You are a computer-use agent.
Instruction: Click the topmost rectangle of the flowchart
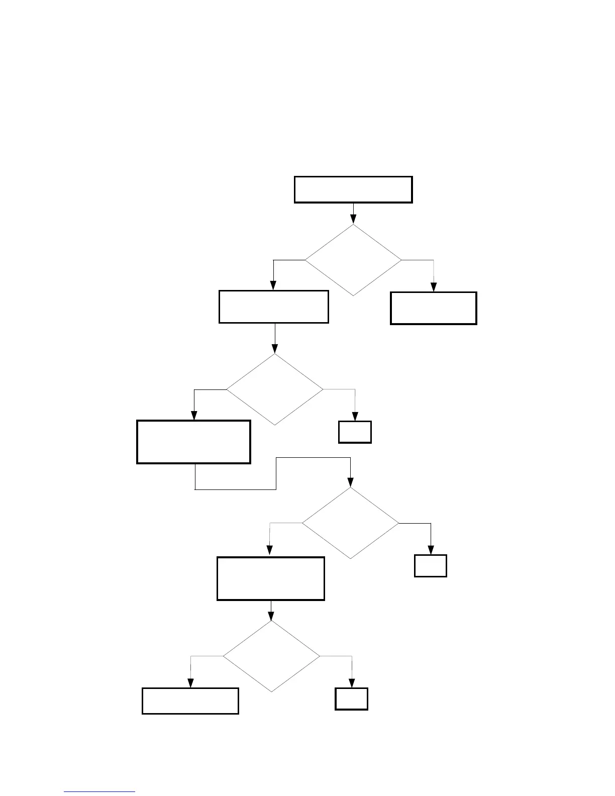click(353, 189)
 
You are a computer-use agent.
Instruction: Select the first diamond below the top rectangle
click(353, 260)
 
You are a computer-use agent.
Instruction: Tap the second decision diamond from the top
click(275, 389)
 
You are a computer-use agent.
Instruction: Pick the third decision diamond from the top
click(350, 523)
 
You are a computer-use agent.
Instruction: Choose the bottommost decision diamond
click(271, 656)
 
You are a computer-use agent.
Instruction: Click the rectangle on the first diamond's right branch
click(434, 308)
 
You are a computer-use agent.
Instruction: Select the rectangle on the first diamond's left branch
click(274, 307)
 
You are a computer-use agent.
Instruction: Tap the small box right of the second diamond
click(355, 432)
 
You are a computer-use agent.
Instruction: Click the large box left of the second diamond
click(193, 442)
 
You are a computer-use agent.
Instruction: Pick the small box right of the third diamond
click(431, 566)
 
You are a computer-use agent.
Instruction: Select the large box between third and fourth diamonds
click(271, 578)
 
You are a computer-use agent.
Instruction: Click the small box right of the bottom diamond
click(352, 699)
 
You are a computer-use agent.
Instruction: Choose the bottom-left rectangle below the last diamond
click(190, 701)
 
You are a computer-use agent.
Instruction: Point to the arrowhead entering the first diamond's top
click(353, 219)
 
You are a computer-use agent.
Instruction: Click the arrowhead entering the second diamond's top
click(275, 349)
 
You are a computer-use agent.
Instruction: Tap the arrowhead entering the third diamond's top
click(350, 483)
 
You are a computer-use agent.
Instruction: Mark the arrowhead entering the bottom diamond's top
click(271, 616)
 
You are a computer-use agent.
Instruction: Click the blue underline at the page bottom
click(99, 792)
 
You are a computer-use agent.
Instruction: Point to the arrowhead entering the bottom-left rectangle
click(190, 683)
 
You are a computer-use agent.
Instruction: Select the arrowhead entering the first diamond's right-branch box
click(434, 287)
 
